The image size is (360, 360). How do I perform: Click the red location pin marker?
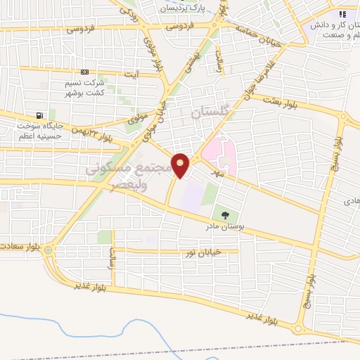point(181,165)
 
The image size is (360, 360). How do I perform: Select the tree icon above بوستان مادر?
point(224,214)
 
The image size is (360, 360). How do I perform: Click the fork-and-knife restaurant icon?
point(343,13)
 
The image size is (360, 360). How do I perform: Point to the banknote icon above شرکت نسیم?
point(85,72)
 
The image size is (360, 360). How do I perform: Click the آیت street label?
point(132,73)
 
